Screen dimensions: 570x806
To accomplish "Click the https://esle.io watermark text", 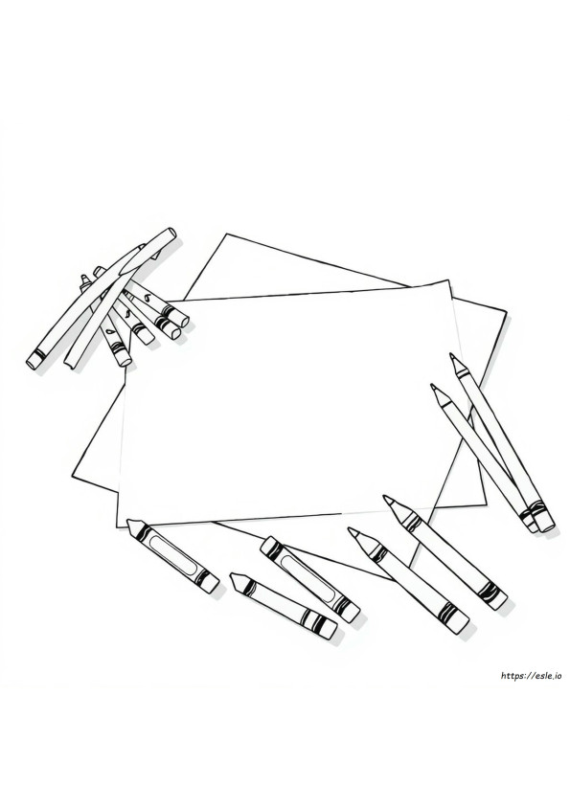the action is pos(530,677).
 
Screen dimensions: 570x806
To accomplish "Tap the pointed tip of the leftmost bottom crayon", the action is pos(129,522).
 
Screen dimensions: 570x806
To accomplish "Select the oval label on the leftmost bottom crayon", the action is pos(173,553).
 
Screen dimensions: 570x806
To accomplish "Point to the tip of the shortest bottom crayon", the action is pos(232,574).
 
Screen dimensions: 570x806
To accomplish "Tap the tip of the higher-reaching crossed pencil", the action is pos(451,354).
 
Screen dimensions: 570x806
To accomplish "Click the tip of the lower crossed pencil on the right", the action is pos(432,385).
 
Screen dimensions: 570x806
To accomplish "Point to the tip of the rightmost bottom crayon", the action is pos(385,497).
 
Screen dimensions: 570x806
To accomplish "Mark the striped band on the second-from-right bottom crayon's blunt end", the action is pos(446,610).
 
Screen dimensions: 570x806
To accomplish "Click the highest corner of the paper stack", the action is pos(227,235).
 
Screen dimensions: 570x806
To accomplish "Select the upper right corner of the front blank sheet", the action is pos(448,280).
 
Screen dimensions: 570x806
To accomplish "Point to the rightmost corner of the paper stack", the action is pos(506,311).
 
